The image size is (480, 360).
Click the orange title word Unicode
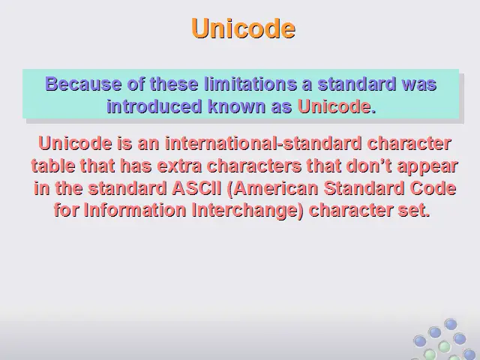click(243, 28)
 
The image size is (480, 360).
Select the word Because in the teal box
click(83, 83)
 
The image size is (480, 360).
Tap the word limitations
click(250, 83)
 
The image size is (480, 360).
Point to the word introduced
click(154, 106)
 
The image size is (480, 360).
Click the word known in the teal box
click(237, 106)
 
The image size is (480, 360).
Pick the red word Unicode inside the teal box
click(334, 106)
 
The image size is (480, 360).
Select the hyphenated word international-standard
click(263, 143)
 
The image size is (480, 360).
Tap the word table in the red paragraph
click(53, 166)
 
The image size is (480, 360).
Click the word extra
click(179, 166)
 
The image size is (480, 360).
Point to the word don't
click(369, 166)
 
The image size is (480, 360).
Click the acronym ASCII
click(196, 188)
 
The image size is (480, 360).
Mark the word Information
click(135, 210)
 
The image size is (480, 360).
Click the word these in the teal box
click(174, 83)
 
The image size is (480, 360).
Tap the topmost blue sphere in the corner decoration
click(450, 324)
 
